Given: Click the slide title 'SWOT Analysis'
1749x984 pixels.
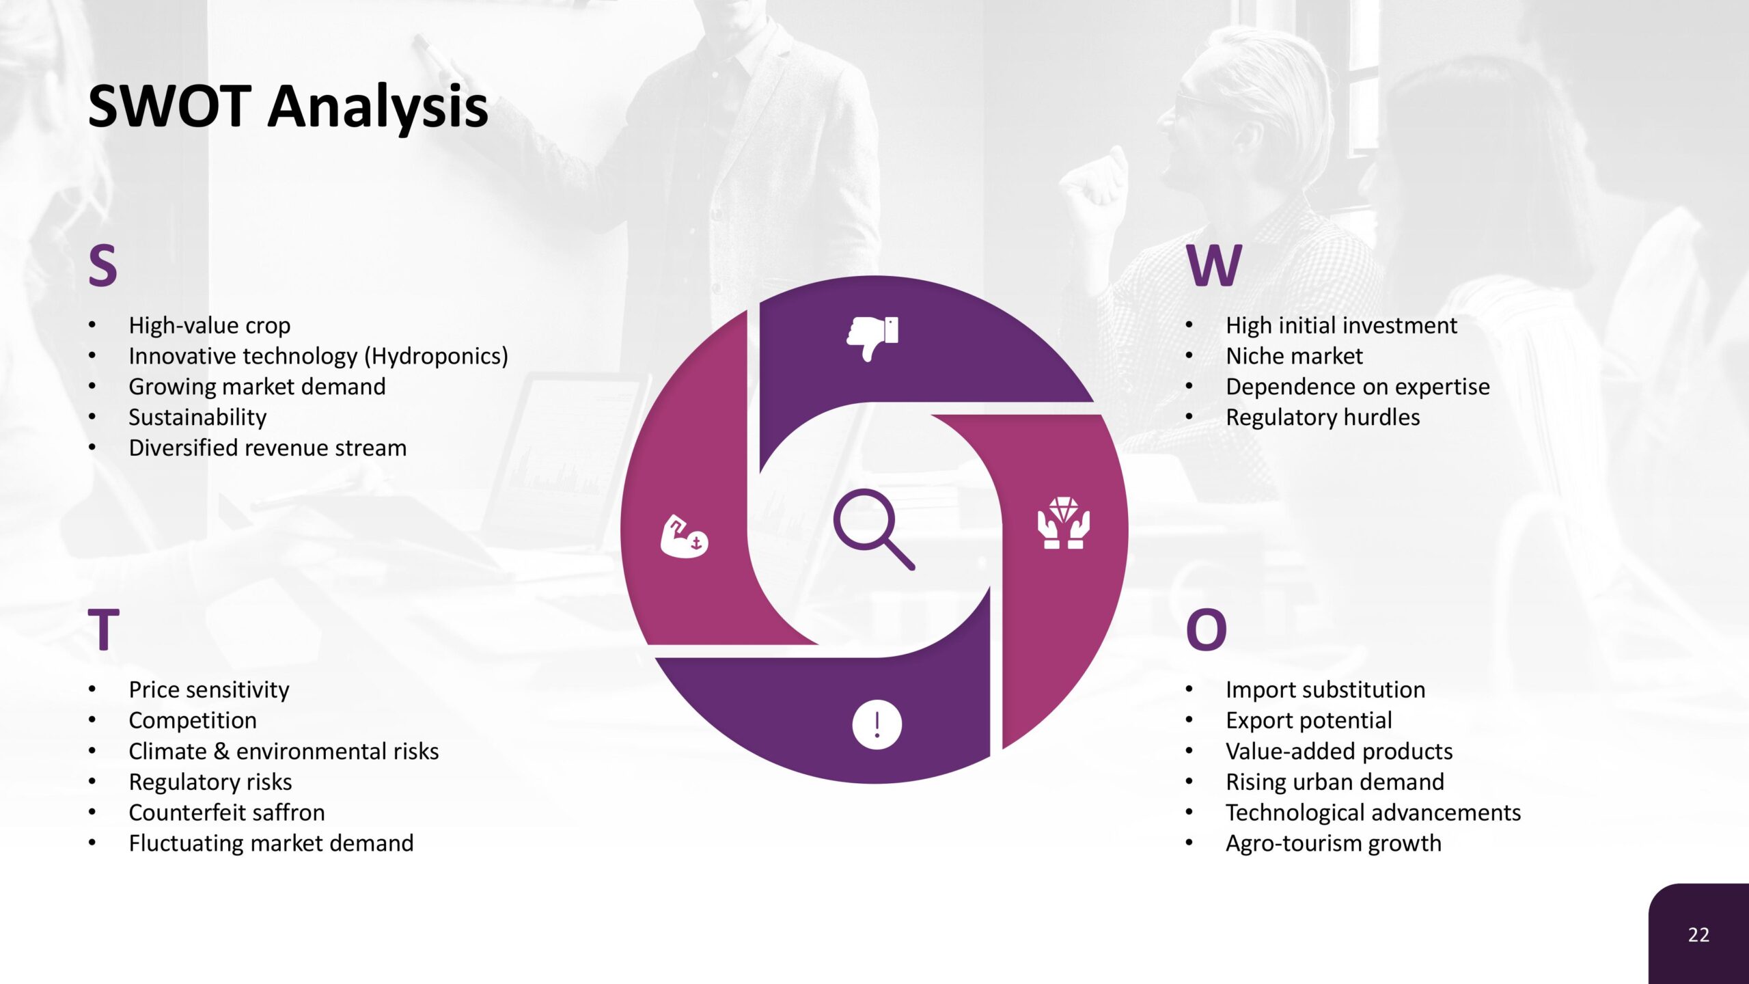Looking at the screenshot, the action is tap(288, 107).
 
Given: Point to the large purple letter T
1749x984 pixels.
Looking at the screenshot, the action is tap(104, 629).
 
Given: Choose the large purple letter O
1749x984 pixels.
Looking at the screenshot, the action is tap(1207, 629).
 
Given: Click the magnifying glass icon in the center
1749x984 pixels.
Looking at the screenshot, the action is tap(874, 529).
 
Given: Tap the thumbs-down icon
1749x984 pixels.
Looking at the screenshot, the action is tap(872, 338).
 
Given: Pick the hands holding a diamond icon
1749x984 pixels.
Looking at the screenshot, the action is tap(1064, 523).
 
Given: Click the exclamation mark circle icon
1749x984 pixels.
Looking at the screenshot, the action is tap(877, 724).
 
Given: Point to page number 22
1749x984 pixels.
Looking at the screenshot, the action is tap(1698, 935).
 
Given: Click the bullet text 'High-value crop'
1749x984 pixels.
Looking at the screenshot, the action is tap(210, 326).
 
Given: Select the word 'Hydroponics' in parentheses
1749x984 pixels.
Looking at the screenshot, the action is tap(436, 357).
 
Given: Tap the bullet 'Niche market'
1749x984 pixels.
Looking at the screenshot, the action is tap(1294, 356).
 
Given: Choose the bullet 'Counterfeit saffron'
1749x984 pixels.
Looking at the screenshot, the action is tap(227, 812).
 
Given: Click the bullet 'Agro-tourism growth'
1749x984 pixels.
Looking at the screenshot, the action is tap(1334, 844).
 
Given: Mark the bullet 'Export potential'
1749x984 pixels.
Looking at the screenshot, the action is tap(1308, 721).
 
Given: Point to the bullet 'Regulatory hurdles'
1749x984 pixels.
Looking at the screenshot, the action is tap(1323, 418).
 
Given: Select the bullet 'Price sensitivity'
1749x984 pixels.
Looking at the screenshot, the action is tap(209, 690).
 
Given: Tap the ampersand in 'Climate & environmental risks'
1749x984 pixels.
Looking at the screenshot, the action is tap(221, 752).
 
